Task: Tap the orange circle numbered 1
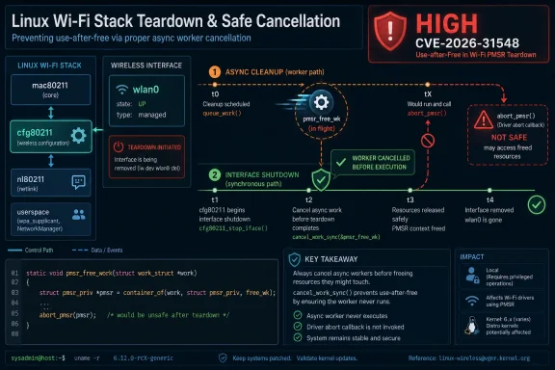(x=214, y=71)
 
